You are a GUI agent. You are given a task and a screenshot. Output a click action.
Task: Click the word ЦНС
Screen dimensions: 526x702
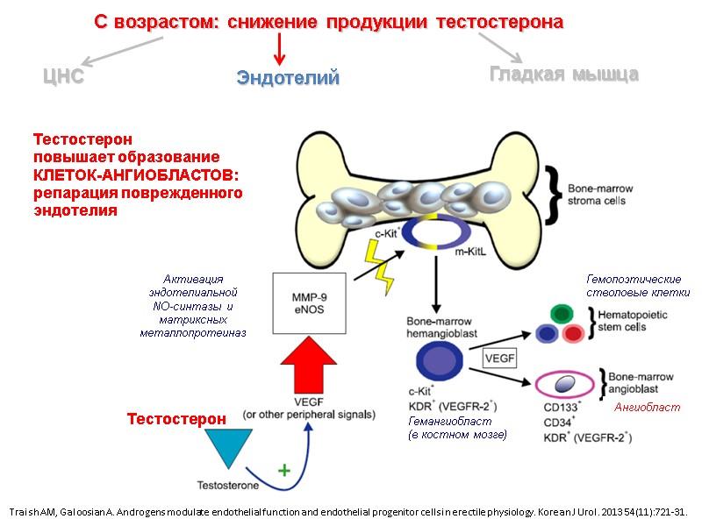[x=64, y=76]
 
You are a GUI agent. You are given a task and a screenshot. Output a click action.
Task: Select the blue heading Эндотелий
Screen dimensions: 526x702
[x=287, y=78]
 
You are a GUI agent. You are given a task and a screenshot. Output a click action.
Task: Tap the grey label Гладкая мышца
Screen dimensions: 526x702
[x=563, y=75]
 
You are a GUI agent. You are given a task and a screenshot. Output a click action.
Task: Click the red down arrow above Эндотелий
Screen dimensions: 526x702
[x=278, y=49]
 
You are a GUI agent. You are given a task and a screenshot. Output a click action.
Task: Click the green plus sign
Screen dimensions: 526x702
[x=283, y=470]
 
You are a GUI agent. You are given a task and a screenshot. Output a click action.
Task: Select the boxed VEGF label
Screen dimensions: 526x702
[x=499, y=357]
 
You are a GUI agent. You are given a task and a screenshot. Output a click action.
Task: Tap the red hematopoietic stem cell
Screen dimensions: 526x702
[x=573, y=333]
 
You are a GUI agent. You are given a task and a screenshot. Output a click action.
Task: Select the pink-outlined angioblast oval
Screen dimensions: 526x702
[x=565, y=384]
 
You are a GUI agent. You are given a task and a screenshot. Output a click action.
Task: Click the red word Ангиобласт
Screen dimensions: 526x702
[x=647, y=407]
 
